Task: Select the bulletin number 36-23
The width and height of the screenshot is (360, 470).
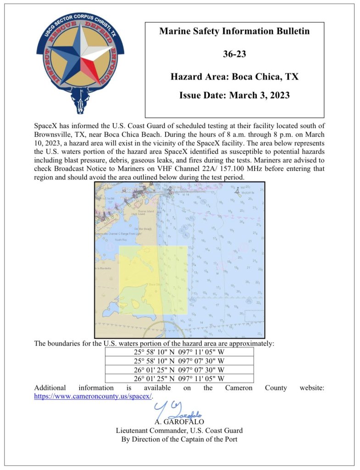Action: (x=234, y=54)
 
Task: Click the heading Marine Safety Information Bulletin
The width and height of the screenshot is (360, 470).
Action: (x=234, y=32)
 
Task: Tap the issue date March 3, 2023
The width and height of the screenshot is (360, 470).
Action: (x=234, y=96)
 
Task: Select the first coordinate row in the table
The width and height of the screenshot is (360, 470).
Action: (x=179, y=352)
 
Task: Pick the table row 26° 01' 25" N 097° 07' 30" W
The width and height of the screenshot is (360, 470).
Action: (x=179, y=369)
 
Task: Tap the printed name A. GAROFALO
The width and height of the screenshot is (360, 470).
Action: (x=179, y=422)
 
